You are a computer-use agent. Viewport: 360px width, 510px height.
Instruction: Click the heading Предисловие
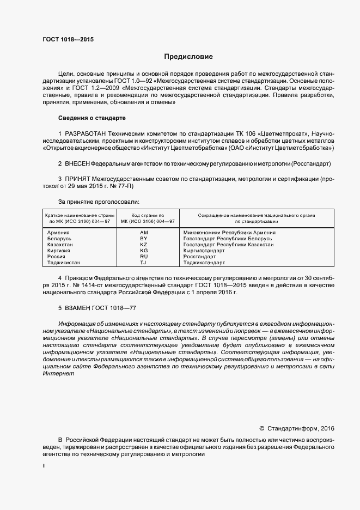tap(189, 57)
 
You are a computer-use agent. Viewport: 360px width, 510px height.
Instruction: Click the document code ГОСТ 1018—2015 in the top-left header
tap(68, 39)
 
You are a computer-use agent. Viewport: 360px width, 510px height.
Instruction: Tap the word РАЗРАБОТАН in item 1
tap(85, 133)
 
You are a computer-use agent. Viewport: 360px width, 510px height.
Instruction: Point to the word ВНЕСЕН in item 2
tap(77, 163)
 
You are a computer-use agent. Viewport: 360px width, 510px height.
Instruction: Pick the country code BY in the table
tap(144, 239)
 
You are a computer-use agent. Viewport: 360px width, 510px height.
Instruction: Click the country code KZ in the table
tap(144, 245)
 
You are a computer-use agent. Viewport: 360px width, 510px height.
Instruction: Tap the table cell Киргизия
tap(60, 251)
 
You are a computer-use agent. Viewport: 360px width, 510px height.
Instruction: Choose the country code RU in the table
tap(144, 257)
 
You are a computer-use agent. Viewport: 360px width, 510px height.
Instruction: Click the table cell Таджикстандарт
tap(204, 263)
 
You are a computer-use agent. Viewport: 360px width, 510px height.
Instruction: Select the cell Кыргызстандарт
tap(204, 251)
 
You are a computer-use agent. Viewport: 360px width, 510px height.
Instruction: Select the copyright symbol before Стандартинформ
tap(261, 428)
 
